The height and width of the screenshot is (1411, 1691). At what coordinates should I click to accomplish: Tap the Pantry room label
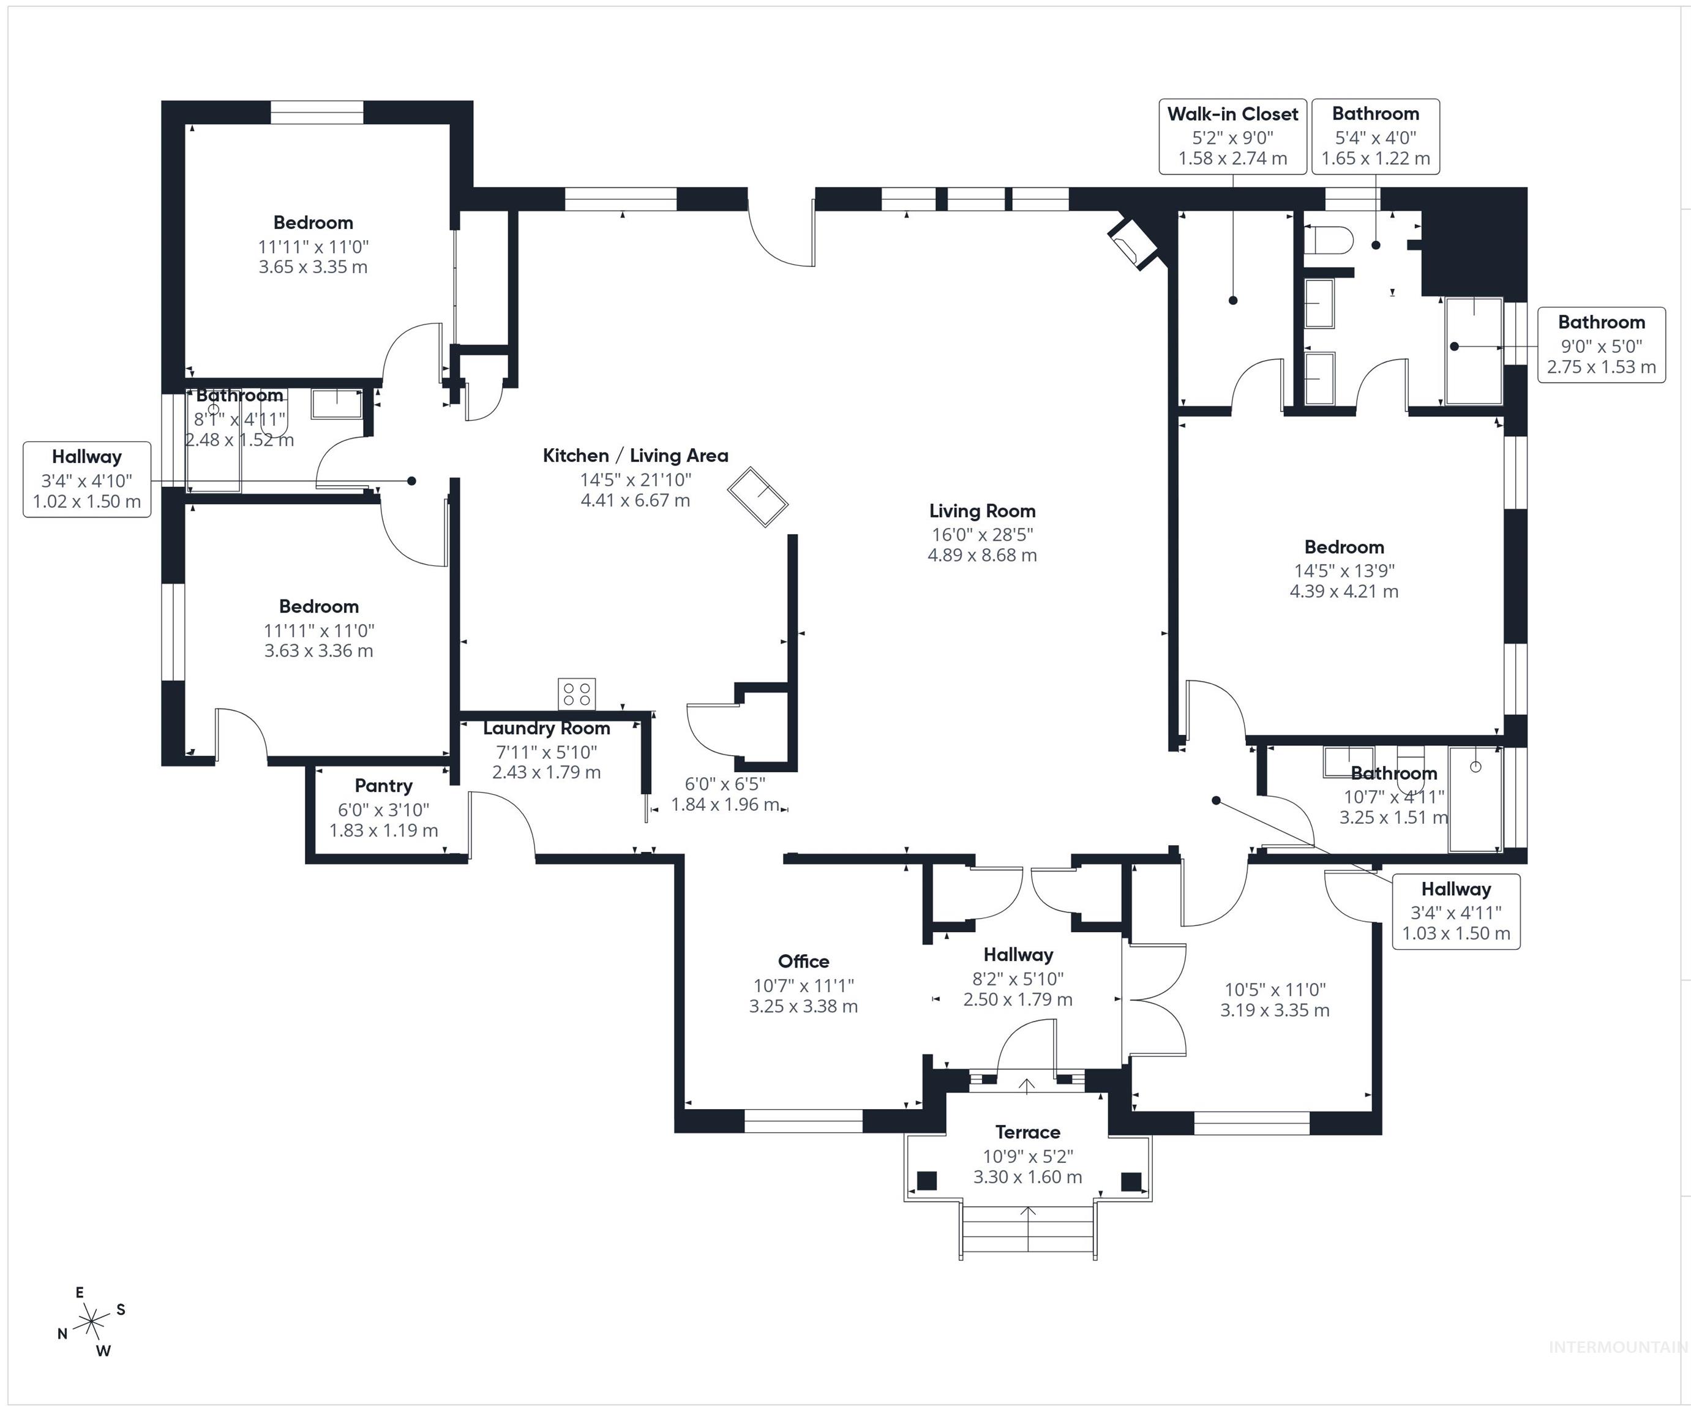pyautogui.click(x=383, y=785)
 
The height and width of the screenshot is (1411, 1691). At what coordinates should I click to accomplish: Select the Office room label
pyautogui.click(x=803, y=961)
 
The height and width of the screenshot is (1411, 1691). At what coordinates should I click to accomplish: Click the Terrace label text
pyautogui.click(x=1027, y=1132)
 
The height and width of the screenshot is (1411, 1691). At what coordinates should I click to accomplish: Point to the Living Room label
pyautogui.click(x=981, y=511)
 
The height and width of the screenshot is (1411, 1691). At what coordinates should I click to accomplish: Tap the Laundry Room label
pyautogui.click(x=546, y=728)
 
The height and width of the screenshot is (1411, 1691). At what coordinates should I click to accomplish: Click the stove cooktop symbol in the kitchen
pyautogui.click(x=577, y=693)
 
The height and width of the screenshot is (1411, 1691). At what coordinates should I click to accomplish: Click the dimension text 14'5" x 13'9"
pyautogui.click(x=1344, y=570)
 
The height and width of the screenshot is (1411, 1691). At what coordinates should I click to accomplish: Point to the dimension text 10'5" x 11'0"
pyautogui.click(x=1274, y=990)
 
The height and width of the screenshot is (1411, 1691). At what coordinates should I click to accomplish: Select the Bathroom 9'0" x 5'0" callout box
pyautogui.click(x=1601, y=345)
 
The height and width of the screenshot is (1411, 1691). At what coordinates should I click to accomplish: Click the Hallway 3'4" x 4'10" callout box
pyautogui.click(x=87, y=479)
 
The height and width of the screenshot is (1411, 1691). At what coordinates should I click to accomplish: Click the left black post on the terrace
pyautogui.click(x=927, y=1181)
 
